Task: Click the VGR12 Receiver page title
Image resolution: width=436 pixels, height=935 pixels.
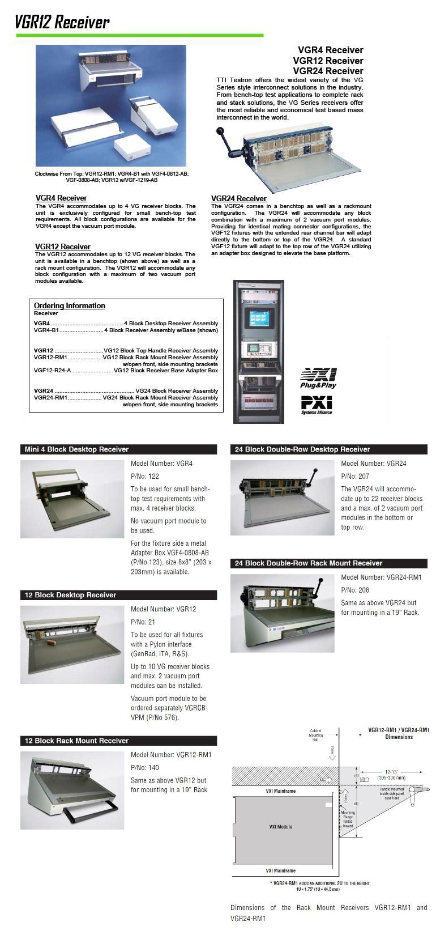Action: coord(62,22)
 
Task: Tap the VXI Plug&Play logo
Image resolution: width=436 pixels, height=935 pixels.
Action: coord(318,378)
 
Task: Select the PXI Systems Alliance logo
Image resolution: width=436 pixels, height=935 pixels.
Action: coord(317,405)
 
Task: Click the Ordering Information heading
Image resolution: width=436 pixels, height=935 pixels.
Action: coord(70,305)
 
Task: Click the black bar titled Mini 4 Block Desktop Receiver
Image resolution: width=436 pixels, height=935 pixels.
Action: coord(118,449)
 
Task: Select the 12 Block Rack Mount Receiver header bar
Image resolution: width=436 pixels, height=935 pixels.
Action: coord(118,741)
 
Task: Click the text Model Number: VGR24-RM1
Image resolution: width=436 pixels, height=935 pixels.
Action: coord(381,577)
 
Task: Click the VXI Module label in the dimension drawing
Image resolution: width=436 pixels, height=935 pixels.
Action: coord(281,827)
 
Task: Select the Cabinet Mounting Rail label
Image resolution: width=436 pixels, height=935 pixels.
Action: coord(316,736)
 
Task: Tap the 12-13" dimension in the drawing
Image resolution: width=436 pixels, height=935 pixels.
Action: coord(392,772)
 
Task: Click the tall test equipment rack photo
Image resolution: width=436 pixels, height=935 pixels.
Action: coord(259,351)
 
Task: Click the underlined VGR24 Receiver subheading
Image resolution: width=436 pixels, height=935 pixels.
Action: coord(238,198)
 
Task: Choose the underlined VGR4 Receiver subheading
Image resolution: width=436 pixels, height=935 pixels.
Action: coord(61,198)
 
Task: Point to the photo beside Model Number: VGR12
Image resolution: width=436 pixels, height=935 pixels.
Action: coord(72,644)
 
